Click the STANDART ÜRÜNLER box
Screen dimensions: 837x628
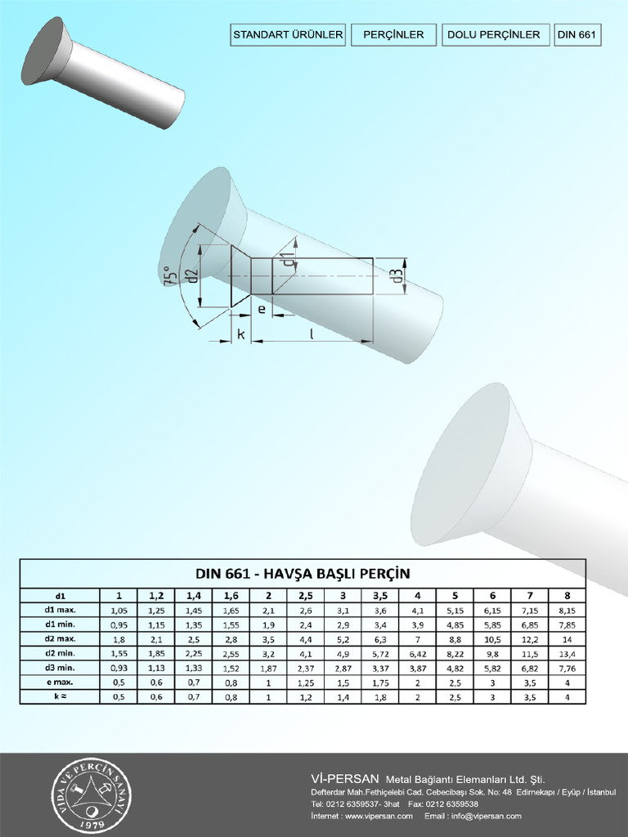(x=288, y=34)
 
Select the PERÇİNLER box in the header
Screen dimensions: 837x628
(x=393, y=34)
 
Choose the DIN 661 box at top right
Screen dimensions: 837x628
(x=578, y=34)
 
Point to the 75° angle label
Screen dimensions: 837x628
(x=170, y=275)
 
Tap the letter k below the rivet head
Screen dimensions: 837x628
(x=241, y=333)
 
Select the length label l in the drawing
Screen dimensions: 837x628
(x=312, y=333)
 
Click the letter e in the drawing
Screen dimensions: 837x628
(x=261, y=309)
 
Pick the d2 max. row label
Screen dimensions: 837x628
(x=60, y=638)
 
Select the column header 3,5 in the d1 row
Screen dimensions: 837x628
(x=380, y=595)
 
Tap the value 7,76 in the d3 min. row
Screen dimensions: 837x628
(x=567, y=668)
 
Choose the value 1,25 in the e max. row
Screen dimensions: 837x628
(x=305, y=682)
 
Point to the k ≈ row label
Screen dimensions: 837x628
(x=60, y=696)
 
